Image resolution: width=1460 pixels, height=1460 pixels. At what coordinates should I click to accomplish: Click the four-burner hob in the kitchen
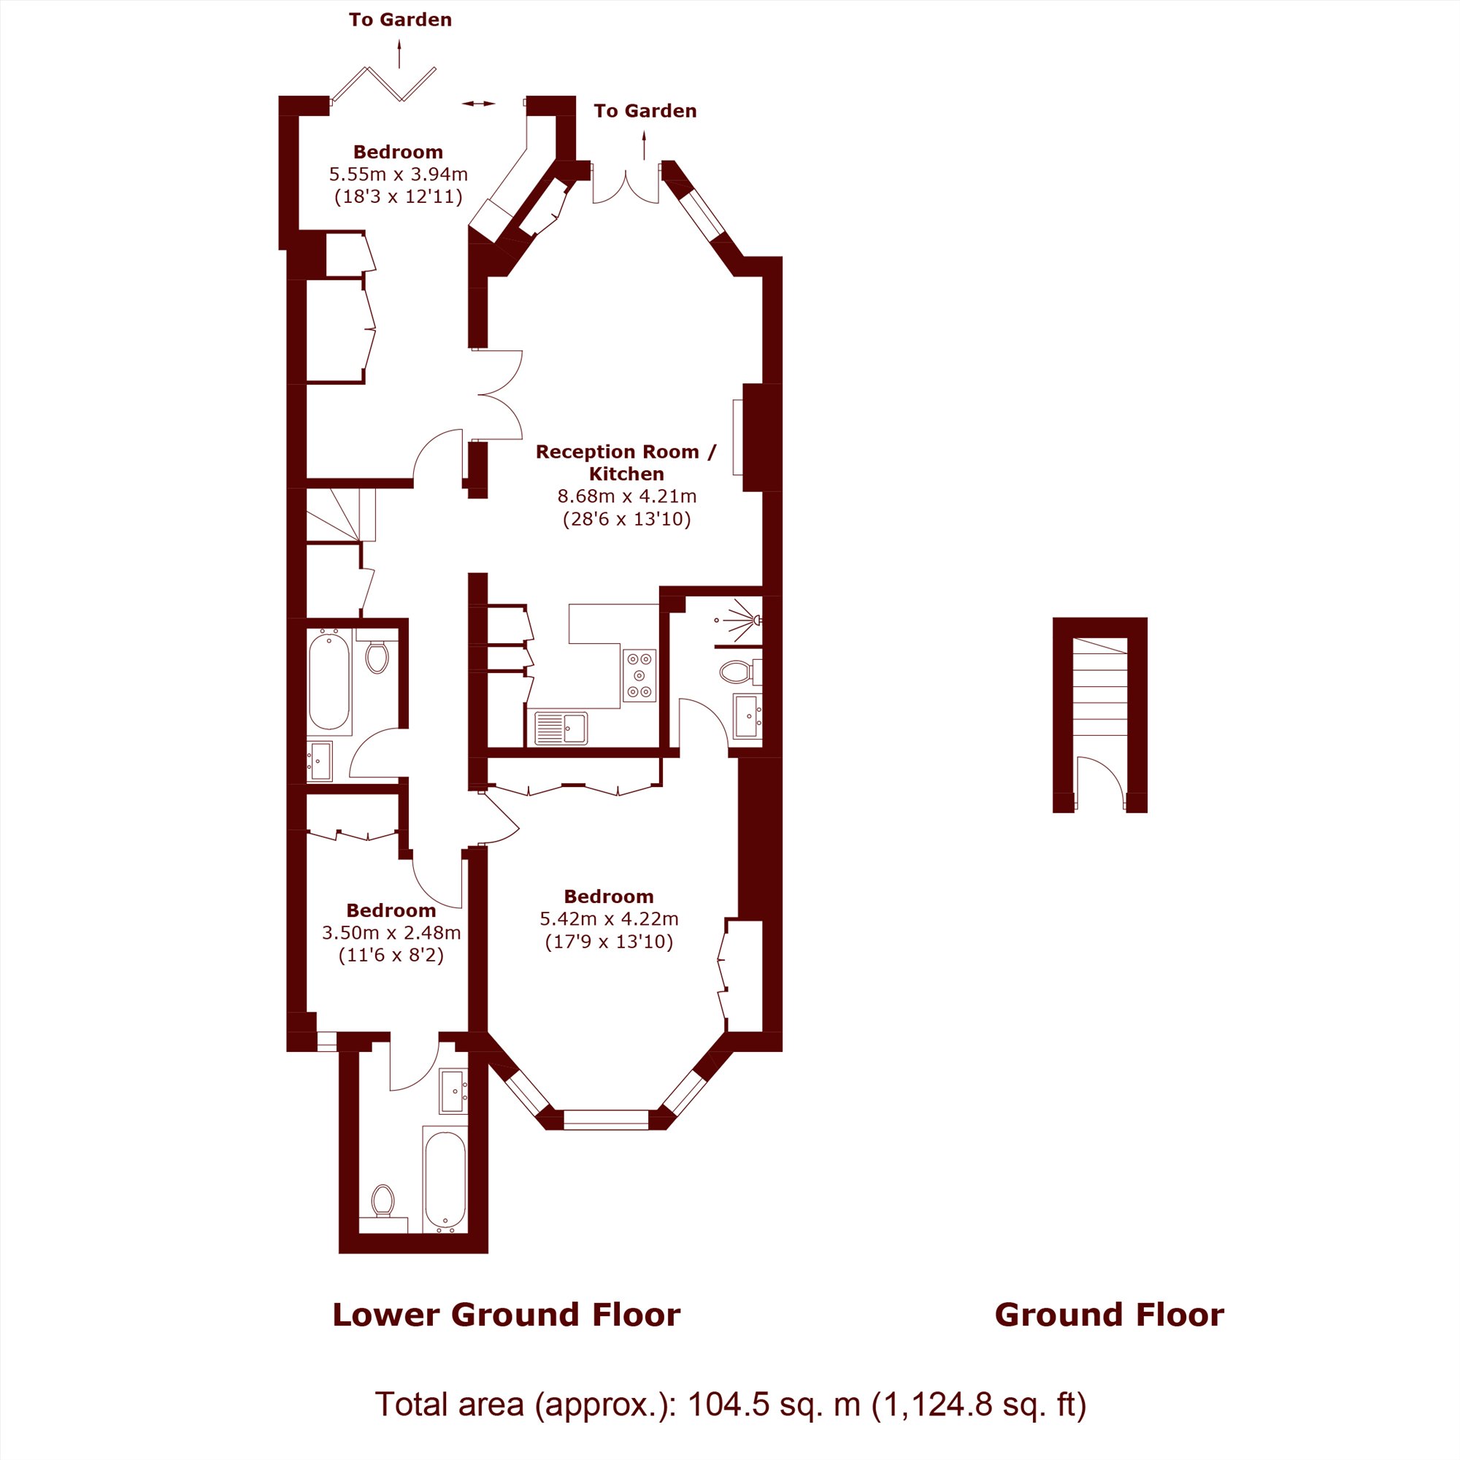(x=639, y=675)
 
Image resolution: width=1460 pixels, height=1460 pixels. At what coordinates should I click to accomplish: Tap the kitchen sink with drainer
(x=561, y=728)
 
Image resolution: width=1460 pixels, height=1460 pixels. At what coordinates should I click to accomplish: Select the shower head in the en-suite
(x=755, y=620)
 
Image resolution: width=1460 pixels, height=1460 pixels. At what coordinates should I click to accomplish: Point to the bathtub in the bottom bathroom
(x=445, y=1182)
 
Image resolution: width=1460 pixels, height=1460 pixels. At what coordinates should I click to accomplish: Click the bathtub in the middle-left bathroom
(x=328, y=681)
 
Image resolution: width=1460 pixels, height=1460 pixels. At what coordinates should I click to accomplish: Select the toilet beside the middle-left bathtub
(x=377, y=654)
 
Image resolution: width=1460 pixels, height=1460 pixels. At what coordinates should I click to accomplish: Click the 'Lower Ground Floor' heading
(x=507, y=1314)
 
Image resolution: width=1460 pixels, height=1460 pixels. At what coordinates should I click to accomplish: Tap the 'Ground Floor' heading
(x=1109, y=1314)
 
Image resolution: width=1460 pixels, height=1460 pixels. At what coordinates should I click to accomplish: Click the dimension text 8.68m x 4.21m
(x=626, y=496)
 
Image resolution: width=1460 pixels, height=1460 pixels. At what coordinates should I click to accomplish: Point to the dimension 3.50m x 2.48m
(x=391, y=932)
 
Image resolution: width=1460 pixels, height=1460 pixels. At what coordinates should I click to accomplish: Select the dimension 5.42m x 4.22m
(x=608, y=919)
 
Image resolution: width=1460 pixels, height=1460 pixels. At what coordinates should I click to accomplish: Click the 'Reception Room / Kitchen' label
(x=626, y=463)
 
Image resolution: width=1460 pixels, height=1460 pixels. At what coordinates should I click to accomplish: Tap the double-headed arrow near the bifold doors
(x=478, y=104)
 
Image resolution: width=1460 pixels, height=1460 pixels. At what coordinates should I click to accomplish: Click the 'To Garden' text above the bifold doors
(x=400, y=20)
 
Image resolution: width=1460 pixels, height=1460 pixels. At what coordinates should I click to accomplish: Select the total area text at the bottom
(x=730, y=1405)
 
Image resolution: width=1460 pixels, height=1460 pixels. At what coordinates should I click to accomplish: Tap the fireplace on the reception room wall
(x=737, y=437)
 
